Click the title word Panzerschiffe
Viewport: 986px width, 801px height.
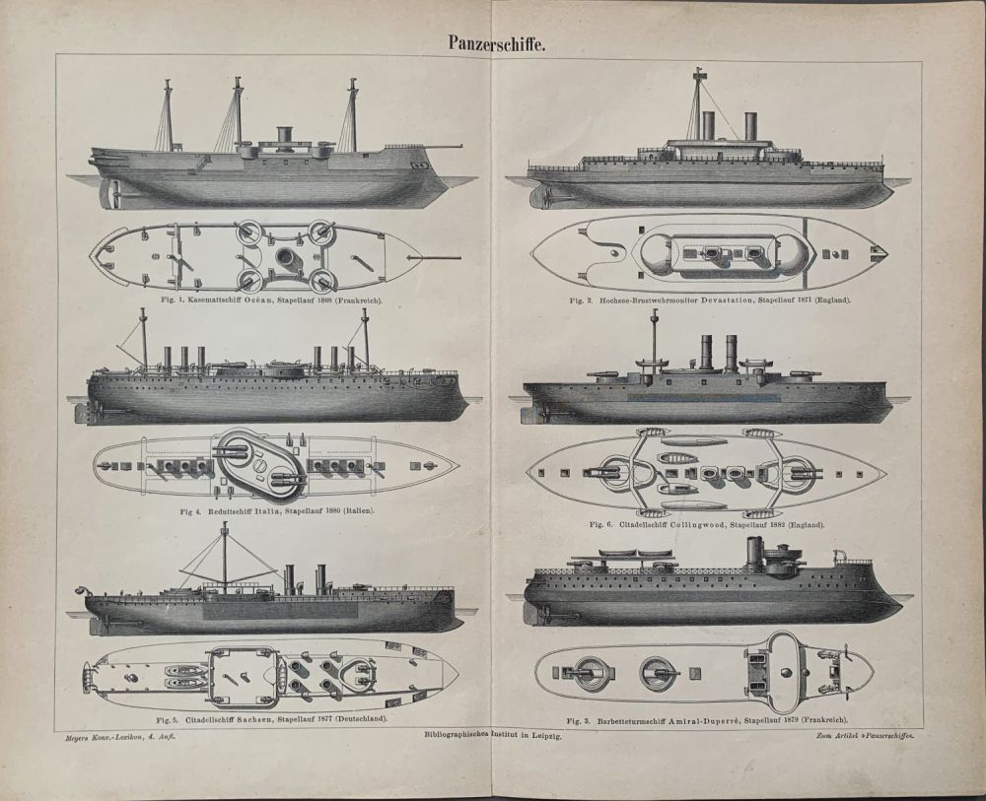[x=492, y=42]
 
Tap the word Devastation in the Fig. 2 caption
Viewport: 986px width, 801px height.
[x=725, y=300]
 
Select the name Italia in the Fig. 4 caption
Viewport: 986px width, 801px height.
[x=268, y=510]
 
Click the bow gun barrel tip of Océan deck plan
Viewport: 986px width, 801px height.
[x=460, y=257]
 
